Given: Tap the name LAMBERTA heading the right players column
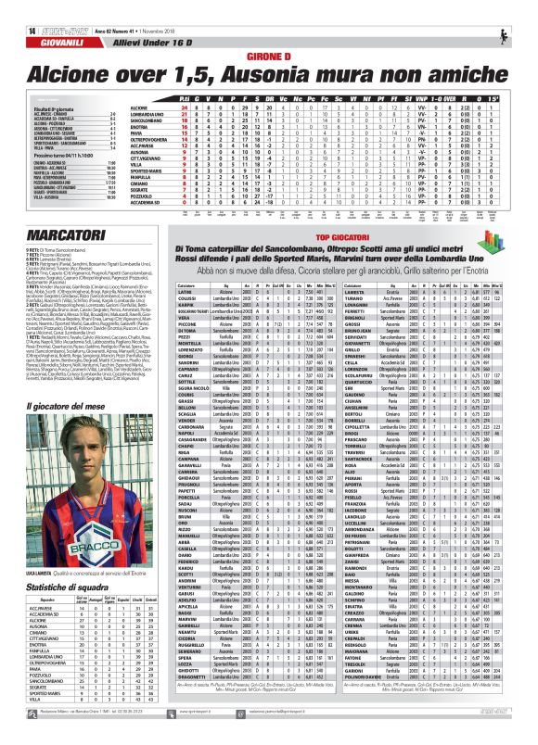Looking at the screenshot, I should pos(357,266).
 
